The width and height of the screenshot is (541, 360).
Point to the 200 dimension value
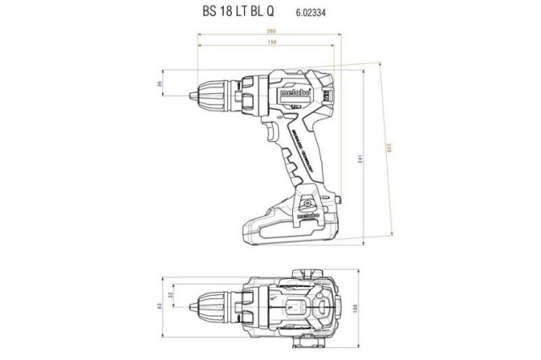(x=269, y=32)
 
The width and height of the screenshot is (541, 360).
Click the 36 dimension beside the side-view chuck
(x=160, y=84)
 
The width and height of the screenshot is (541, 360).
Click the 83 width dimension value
(x=160, y=306)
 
